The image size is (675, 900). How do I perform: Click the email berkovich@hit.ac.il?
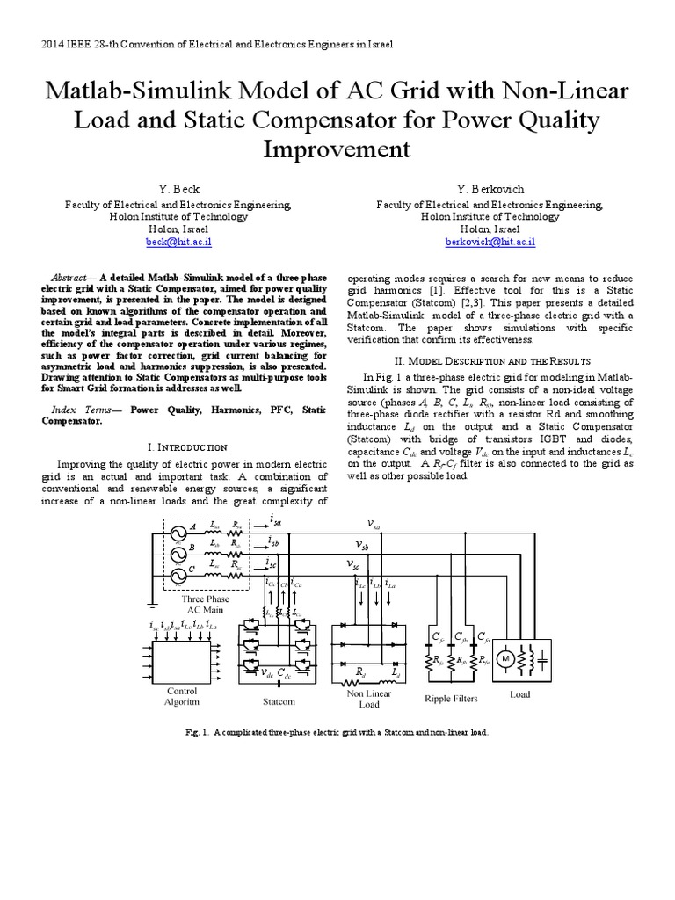point(490,241)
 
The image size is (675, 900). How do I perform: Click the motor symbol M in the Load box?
point(505,658)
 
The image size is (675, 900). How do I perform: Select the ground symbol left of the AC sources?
point(152,604)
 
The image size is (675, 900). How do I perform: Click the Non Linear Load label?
point(370,699)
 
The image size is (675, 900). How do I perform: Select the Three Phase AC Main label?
point(206,603)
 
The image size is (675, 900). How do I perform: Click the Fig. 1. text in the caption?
point(199,731)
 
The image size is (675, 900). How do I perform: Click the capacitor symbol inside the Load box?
point(543,658)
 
